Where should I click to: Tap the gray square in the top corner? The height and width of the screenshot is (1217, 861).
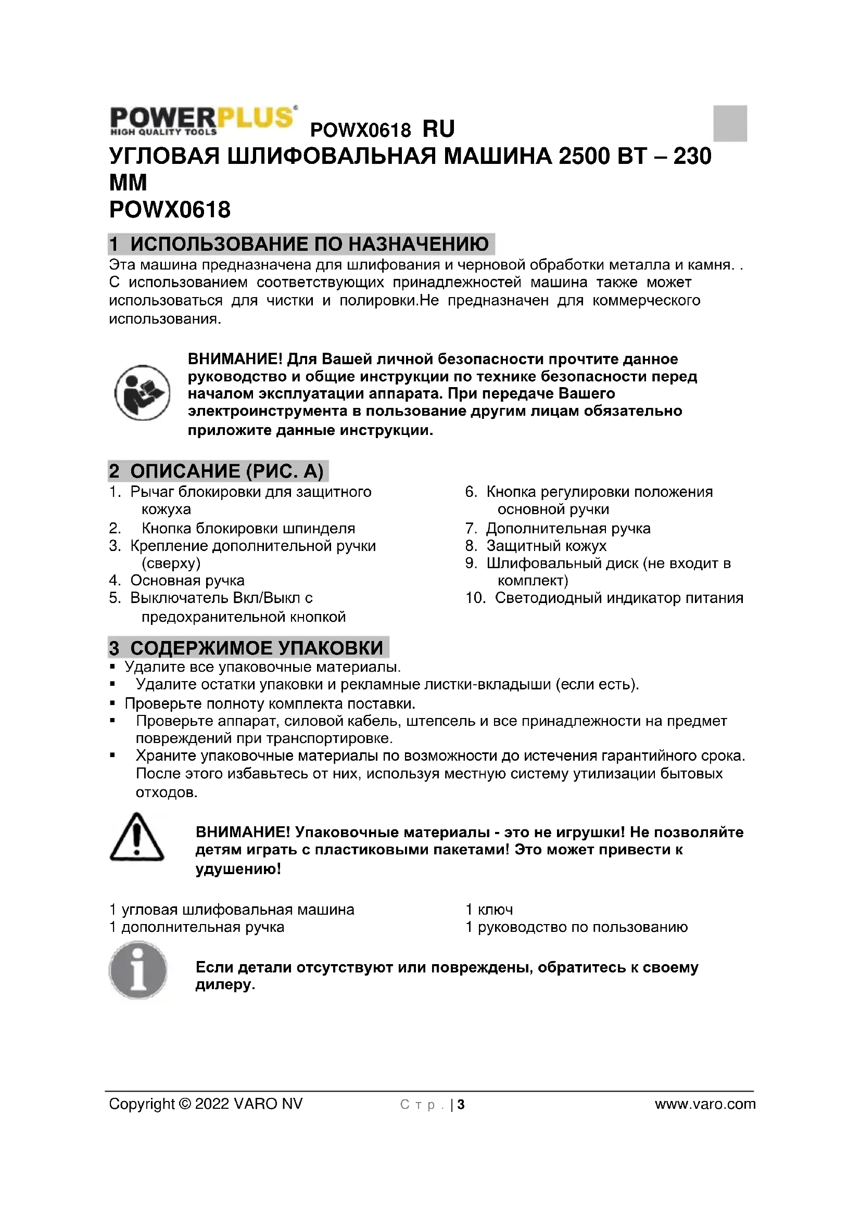[729, 123]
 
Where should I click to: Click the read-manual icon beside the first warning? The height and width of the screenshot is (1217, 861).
[142, 393]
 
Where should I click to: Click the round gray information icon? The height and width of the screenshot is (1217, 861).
[138, 970]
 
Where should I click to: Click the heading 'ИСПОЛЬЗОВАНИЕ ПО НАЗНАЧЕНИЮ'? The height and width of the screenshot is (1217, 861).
[309, 245]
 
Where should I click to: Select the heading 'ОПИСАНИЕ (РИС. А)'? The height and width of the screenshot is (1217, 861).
[226, 471]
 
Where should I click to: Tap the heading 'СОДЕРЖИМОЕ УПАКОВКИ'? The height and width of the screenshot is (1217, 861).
[256, 648]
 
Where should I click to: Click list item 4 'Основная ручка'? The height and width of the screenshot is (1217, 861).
[187, 581]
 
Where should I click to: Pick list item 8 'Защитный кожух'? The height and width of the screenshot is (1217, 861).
[546, 546]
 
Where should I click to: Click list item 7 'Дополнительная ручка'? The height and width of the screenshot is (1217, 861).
[568, 529]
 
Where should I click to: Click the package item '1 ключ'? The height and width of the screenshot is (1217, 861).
[489, 910]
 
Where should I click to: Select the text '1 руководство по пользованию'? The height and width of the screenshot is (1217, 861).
[576, 927]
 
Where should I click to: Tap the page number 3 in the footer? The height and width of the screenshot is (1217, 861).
[461, 1105]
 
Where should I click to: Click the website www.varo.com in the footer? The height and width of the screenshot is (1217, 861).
[705, 1104]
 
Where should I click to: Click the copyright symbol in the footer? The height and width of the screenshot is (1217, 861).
[185, 1104]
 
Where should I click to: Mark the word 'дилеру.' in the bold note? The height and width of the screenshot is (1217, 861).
[225, 985]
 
